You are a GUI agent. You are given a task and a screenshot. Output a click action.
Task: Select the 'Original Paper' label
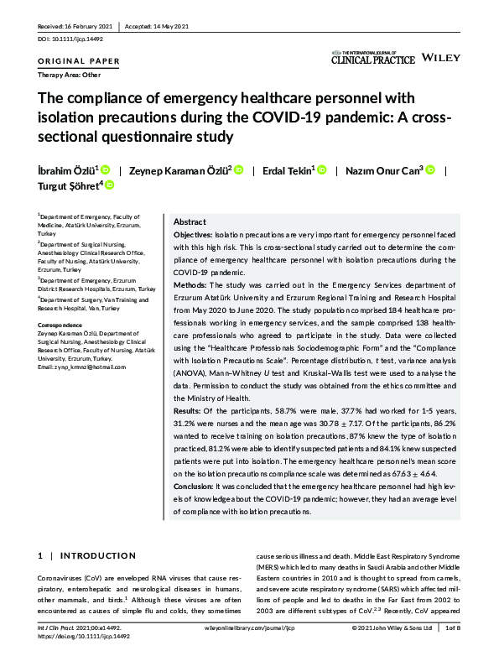coord(80,61)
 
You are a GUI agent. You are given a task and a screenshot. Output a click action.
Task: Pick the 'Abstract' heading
coord(190,221)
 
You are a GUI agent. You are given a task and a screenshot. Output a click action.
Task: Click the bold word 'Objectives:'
coord(193,237)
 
